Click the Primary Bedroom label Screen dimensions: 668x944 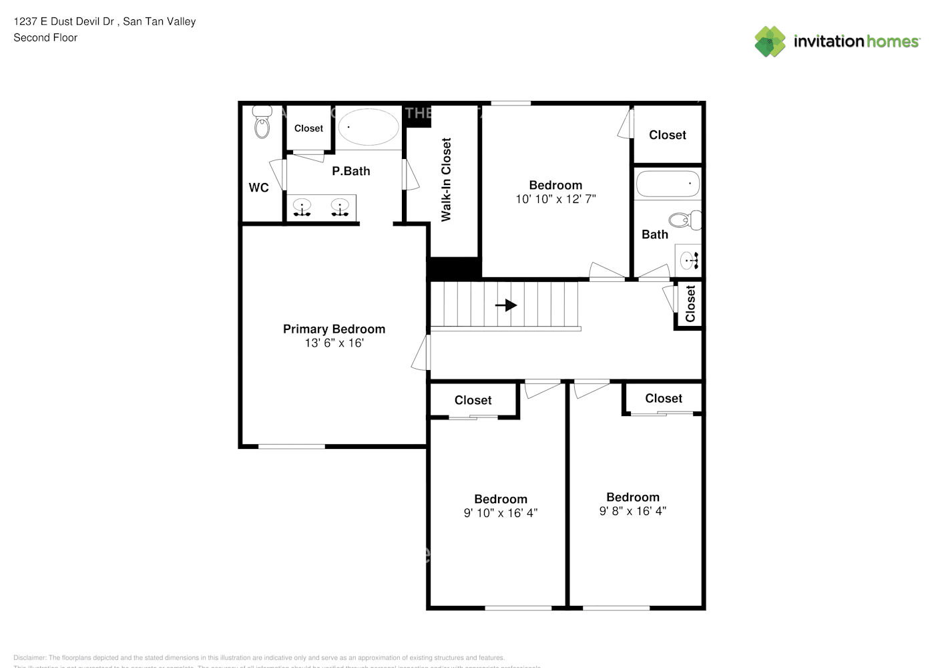[x=334, y=329]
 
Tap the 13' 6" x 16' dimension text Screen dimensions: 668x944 [x=334, y=343]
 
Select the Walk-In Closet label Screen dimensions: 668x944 [x=446, y=180]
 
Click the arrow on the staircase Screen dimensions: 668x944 [x=506, y=305]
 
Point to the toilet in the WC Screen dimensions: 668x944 [x=262, y=122]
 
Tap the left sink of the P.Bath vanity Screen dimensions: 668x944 [x=302, y=208]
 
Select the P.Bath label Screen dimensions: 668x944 [x=350, y=171]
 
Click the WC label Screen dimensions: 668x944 [x=258, y=188]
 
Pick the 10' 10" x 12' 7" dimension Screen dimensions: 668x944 [x=555, y=199]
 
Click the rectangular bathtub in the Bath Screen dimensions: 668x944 [x=668, y=183]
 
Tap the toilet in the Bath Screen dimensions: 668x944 [x=684, y=220]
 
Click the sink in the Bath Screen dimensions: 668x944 [x=688, y=259]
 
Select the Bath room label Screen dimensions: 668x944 [x=654, y=234]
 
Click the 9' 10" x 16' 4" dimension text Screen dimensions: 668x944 [x=500, y=513]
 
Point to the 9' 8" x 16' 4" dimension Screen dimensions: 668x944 [x=632, y=511]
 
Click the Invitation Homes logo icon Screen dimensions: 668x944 [x=770, y=41]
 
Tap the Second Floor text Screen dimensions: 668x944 [x=45, y=37]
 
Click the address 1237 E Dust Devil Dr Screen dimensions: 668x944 [x=64, y=21]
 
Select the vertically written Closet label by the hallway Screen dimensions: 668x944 [x=690, y=304]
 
